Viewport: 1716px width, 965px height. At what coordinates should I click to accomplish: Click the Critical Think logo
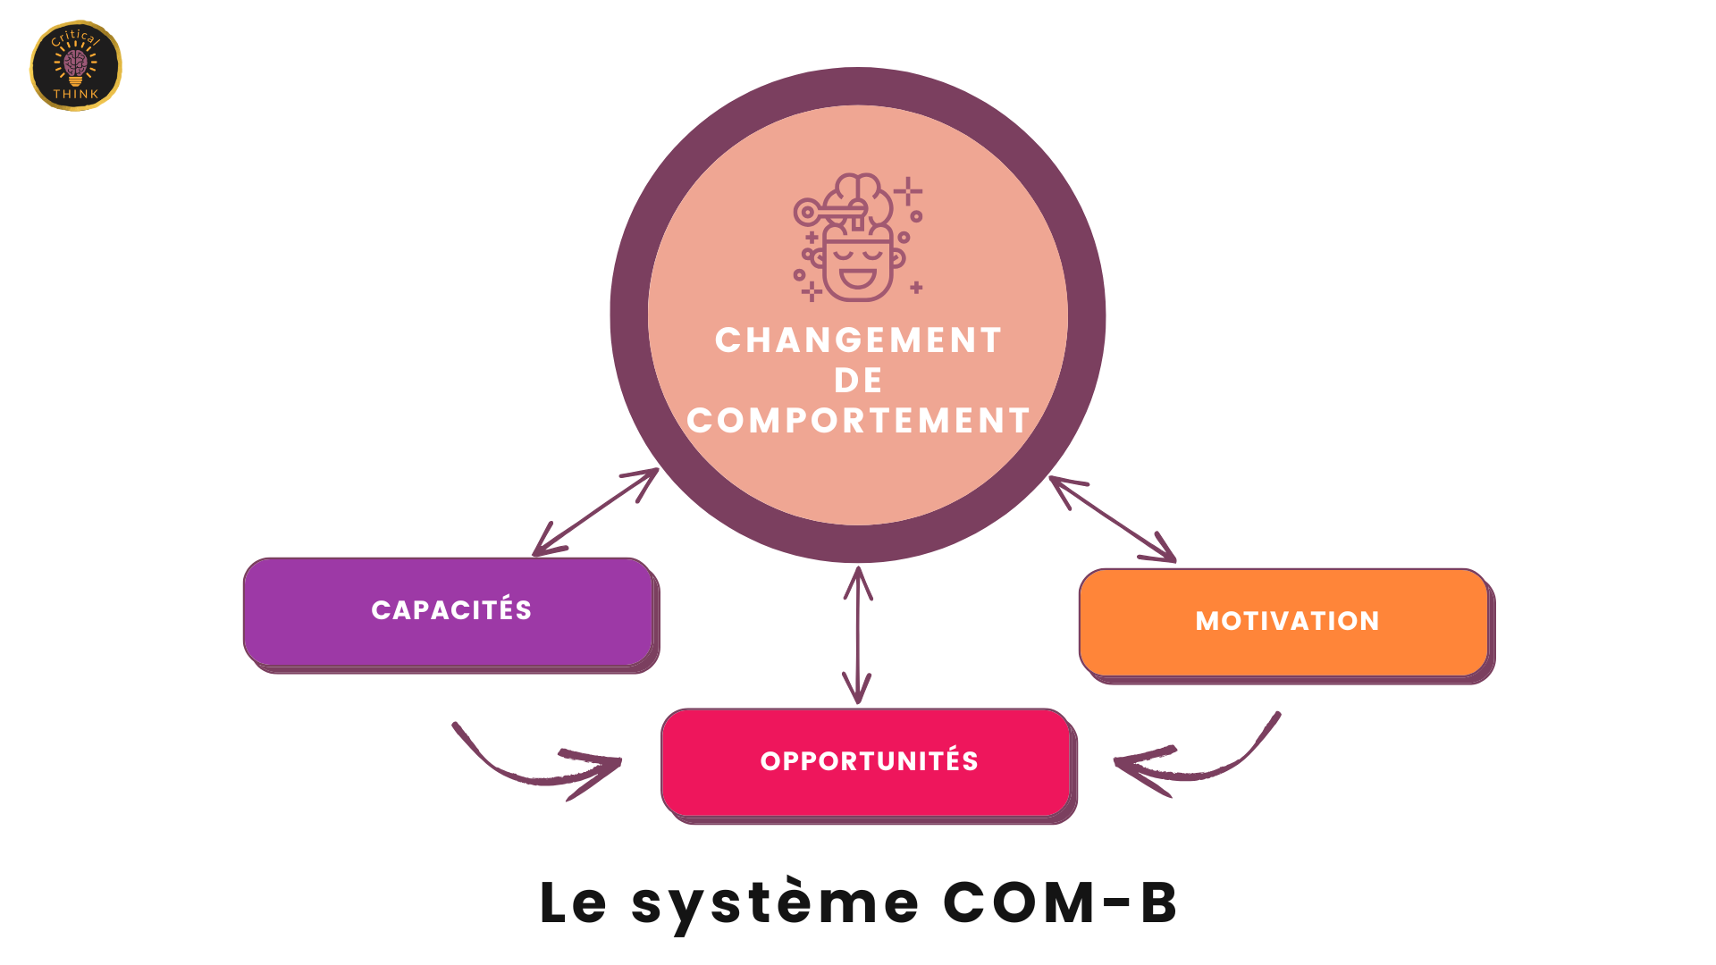(76, 66)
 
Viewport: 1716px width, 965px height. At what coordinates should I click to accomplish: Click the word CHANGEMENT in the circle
(858, 340)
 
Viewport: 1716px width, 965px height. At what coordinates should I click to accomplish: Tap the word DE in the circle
(858, 381)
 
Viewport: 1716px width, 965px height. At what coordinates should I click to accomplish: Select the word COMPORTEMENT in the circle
(858, 421)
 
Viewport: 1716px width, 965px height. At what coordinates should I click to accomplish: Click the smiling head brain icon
(857, 238)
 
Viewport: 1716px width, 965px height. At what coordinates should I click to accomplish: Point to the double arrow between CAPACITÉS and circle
(595, 512)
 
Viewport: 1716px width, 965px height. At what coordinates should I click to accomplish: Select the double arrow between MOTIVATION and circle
(1113, 519)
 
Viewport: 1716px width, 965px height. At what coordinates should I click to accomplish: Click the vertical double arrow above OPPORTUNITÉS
(858, 634)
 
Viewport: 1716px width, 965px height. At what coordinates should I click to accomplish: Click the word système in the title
(775, 904)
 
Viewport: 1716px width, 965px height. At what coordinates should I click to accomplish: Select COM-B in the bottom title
(1060, 902)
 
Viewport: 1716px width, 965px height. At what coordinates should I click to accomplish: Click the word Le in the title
(573, 902)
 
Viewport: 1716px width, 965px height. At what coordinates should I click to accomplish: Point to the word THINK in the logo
(76, 94)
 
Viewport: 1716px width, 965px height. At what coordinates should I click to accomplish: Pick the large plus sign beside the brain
(908, 191)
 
